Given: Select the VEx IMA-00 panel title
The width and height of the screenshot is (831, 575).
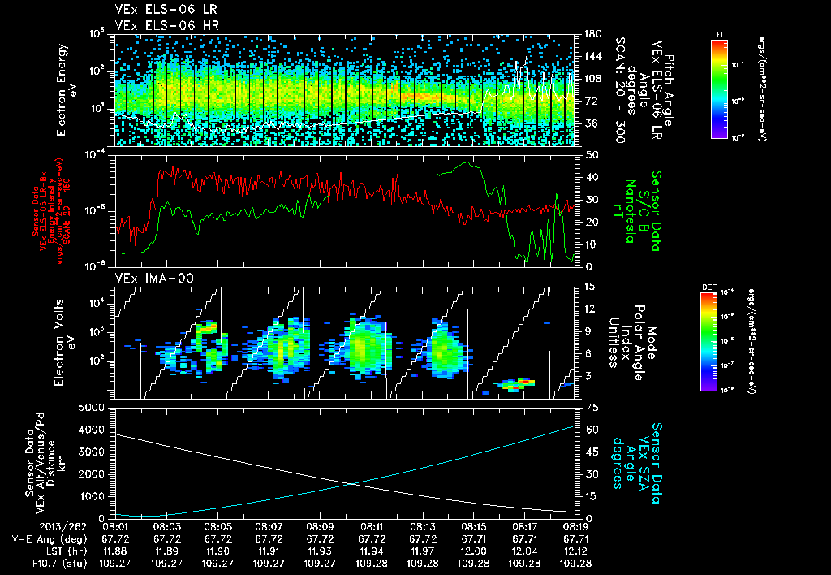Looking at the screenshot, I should [x=149, y=279].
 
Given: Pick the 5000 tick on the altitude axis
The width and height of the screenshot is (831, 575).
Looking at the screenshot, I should [x=95, y=406].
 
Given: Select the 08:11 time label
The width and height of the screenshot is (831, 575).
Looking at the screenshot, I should [x=372, y=526].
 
